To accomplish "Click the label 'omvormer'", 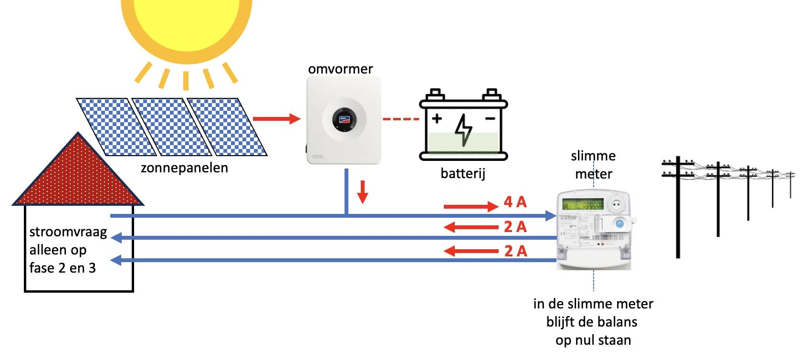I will (x=340, y=69).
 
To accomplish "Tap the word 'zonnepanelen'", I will (x=184, y=168).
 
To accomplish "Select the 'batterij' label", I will (x=462, y=173).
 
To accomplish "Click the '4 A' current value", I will (x=515, y=202).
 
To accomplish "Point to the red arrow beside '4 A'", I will (x=471, y=206).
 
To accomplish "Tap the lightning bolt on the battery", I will (x=463, y=129).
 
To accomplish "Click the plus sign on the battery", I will (x=437, y=117).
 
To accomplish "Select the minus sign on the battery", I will (x=490, y=117).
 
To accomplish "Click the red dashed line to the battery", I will (x=400, y=119).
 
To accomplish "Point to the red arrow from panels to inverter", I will (x=276, y=118).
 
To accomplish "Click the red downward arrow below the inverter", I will (x=363, y=191).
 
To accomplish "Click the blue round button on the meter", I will (x=619, y=223).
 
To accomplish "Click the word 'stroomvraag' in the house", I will (x=68, y=232).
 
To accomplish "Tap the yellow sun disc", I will (x=186, y=21).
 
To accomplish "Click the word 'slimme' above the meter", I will (x=593, y=156).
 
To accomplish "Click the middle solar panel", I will (x=172, y=127).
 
